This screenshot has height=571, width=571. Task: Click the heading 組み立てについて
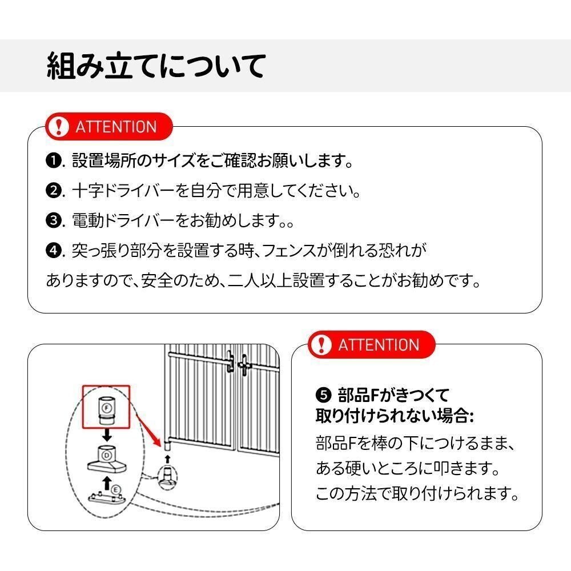155,65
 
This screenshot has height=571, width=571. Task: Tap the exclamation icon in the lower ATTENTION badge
323,344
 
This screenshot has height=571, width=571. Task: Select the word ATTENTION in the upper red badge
116,126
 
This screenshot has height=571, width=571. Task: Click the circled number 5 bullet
323,395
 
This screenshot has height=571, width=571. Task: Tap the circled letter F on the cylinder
106,407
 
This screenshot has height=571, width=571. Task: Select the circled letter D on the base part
107,455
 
